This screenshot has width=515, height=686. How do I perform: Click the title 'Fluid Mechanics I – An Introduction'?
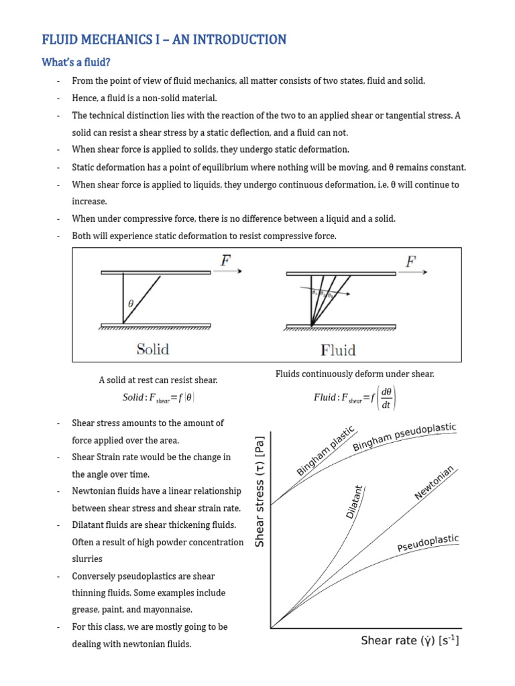tap(164, 40)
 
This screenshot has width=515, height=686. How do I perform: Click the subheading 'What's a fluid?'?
tap(76, 63)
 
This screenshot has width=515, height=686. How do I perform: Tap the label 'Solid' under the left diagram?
tap(153, 349)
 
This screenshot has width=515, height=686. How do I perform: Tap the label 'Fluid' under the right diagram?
tap(339, 350)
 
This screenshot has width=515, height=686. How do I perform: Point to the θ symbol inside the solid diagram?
tap(131, 303)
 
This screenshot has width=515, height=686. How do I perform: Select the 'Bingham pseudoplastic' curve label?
tap(404, 436)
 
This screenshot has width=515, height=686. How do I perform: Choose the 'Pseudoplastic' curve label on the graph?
tap(428, 544)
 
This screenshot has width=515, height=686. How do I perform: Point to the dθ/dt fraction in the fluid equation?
tap(386, 397)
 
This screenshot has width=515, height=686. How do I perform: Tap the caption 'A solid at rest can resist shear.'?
tap(158, 380)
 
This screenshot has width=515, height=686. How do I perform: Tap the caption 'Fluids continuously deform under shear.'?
tap(355, 374)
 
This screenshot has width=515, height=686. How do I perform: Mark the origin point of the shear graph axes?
tap(270, 628)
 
